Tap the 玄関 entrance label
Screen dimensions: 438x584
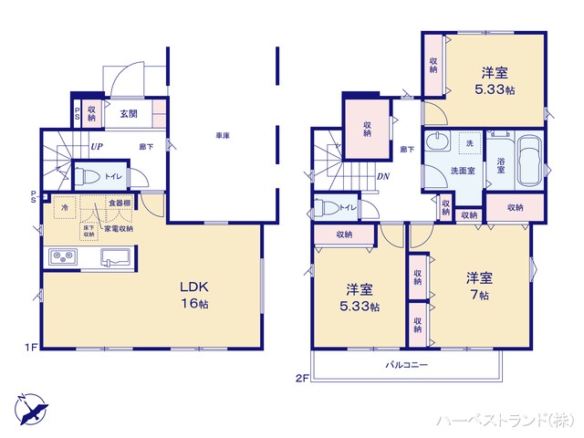tap(128, 114)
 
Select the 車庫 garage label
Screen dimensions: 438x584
tap(222, 136)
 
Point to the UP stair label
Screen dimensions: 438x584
tap(96, 146)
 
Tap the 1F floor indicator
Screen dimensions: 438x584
tap(29, 348)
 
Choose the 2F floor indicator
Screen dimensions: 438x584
tap(301, 376)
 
